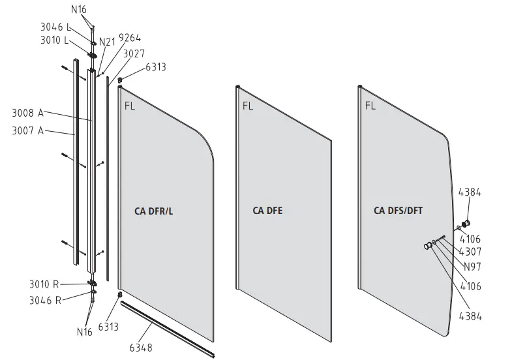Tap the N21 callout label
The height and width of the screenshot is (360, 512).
point(107,42)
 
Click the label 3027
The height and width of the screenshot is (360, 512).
point(134,53)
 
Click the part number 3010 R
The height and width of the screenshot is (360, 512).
point(44,284)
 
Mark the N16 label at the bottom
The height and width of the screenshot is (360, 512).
point(84,332)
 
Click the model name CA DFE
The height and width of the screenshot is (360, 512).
point(267,211)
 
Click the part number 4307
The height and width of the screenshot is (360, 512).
point(470,251)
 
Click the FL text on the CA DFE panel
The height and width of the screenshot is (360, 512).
point(248,105)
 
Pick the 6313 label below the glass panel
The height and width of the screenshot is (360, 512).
point(108,326)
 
